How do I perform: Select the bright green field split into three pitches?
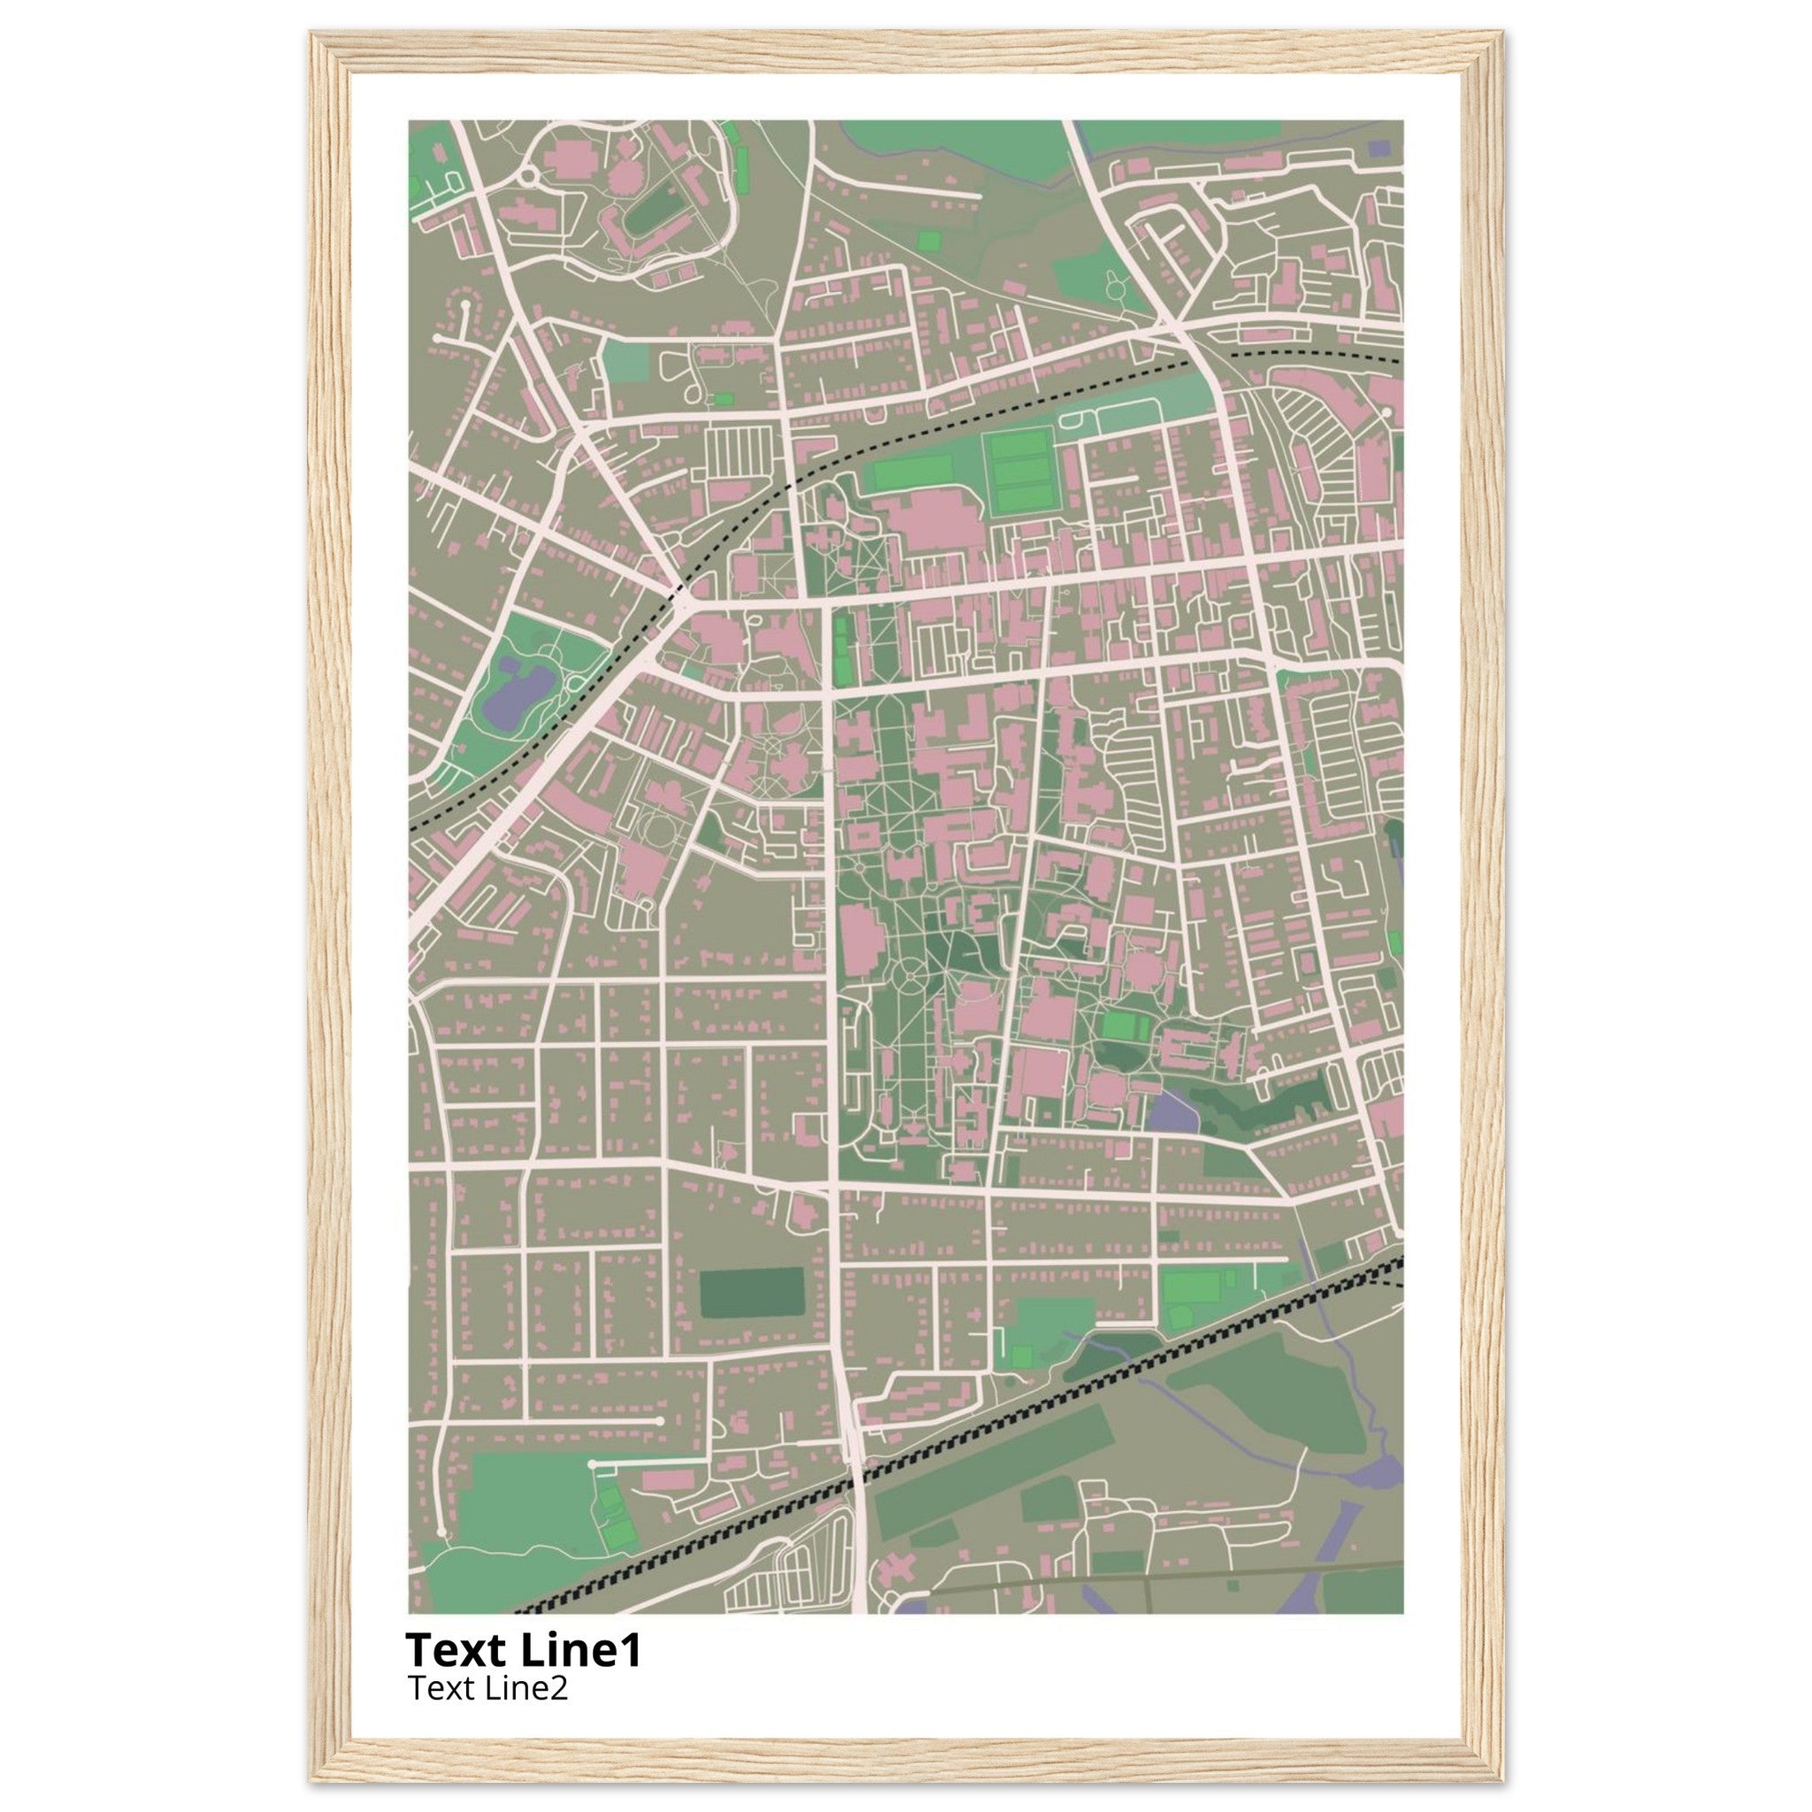[x=1019, y=472]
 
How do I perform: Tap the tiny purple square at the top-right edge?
[x=1378, y=147]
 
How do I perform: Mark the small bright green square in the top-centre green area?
[x=928, y=240]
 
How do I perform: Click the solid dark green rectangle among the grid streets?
[x=752, y=1293]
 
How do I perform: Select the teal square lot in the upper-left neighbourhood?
[x=626, y=361]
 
